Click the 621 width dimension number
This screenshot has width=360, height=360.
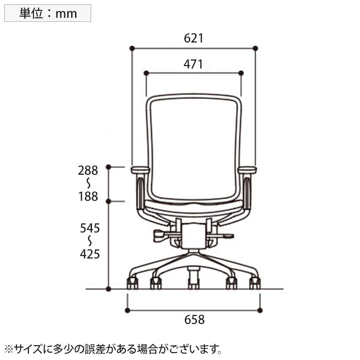coord(193,38)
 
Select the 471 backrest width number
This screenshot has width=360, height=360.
coord(193,64)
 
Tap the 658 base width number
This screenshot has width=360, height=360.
coord(194,320)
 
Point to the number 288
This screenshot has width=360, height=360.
coord(88,170)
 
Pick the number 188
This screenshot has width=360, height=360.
coord(88,197)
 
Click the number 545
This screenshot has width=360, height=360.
coord(90,228)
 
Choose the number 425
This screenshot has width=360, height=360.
coord(90,254)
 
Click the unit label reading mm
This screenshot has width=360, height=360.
coord(66,14)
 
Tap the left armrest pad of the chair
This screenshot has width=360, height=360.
coord(141,170)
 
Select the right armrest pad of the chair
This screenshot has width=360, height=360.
coord(247,170)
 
